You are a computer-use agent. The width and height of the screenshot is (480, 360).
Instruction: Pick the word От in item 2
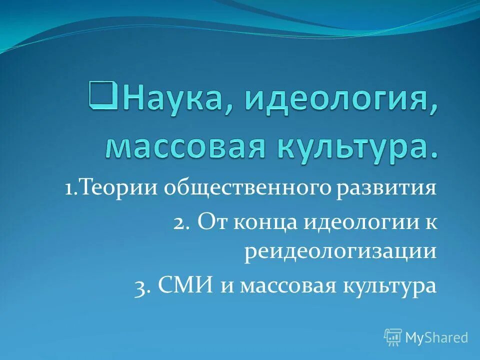coord(211,221)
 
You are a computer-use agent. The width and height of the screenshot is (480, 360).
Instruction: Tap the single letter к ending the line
coord(431,222)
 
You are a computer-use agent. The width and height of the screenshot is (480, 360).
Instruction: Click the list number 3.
coord(141,287)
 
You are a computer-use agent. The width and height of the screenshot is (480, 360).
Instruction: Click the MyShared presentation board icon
coord(393,337)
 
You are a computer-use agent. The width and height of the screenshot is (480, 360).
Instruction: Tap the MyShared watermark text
coord(436,338)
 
